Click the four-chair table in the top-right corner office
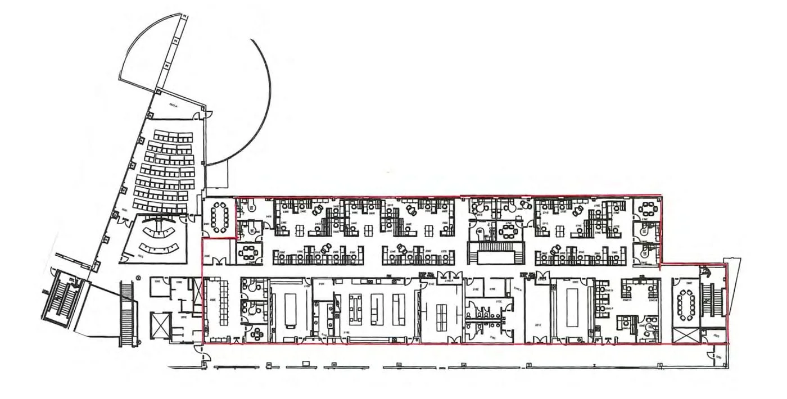click(x=648, y=210)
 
